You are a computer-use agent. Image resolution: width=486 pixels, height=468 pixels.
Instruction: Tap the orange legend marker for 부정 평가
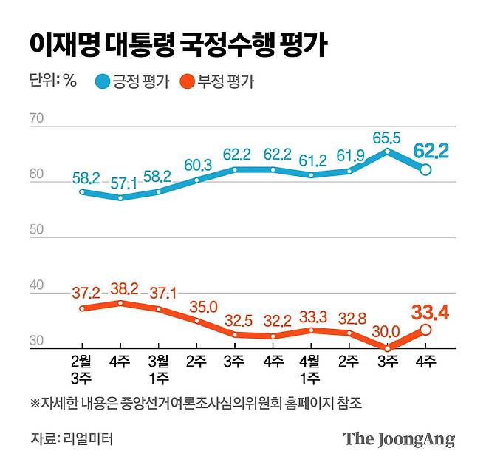pos(185,81)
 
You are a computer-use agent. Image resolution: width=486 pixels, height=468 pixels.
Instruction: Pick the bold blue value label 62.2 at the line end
pos(431,152)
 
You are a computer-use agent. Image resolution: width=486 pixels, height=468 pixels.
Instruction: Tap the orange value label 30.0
pos(386,331)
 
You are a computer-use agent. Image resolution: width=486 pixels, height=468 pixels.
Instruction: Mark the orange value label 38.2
pos(120,288)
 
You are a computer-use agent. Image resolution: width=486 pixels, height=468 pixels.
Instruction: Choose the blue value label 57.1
pos(120,182)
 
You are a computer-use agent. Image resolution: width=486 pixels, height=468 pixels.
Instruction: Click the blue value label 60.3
pos(197,164)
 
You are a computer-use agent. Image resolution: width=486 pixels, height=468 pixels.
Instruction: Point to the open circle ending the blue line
pos(426,170)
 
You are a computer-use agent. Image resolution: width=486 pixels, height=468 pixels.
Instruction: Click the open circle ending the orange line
pos(426,330)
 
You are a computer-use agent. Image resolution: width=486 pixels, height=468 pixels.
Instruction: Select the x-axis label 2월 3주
pos(81,369)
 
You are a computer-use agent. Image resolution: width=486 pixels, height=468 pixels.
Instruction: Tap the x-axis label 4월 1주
pos(310,369)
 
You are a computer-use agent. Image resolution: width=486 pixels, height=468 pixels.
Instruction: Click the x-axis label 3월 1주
pos(157,369)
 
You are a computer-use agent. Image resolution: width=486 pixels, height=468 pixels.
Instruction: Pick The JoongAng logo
pos(398,439)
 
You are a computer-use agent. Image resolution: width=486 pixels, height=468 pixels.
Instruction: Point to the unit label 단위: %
pos(53,81)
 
